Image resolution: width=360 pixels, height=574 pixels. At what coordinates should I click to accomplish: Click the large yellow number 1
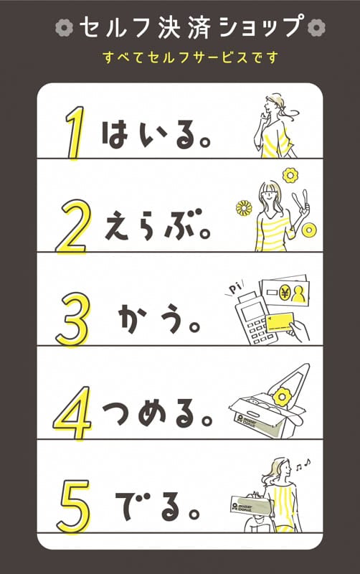(x=75, y=133)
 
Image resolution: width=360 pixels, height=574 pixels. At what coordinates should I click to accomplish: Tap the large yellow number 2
(x=72, y=226)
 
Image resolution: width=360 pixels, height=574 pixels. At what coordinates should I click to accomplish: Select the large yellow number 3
(x=73, y=319)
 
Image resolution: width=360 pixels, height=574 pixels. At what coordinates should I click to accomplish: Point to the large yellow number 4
(x=72, y=413)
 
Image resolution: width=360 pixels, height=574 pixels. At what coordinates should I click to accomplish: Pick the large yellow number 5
(x=73, y=507)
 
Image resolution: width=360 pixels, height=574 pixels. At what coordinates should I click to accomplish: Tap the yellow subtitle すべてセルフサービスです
(x=190, y=57)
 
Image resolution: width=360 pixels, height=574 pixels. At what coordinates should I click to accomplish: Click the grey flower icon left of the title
(x=65, y=27)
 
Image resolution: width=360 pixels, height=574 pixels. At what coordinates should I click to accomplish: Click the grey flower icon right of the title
(x=316, y=27)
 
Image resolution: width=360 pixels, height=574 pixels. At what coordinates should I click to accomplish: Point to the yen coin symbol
(x=285, y=292)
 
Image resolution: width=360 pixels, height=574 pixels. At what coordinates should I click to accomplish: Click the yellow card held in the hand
(x=280, y=321)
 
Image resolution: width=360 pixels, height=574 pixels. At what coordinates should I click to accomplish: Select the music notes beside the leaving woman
(x=303, y=464)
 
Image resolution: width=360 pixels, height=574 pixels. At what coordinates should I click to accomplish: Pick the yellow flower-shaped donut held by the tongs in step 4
(x=281, y=397)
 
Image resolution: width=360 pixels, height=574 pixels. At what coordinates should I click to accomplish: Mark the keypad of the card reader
(x=260, y=331)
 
